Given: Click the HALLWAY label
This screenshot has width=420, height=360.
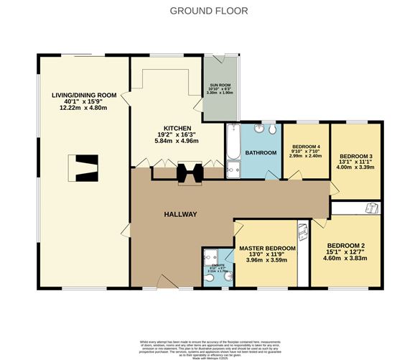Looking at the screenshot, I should click(180, 214).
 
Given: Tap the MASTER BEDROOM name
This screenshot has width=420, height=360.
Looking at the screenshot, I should click(266, 246).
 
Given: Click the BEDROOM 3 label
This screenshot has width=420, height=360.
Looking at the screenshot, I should click(355, 156).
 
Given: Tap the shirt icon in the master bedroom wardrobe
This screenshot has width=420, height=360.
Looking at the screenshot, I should click(302, 232).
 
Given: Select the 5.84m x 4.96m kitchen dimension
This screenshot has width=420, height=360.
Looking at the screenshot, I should click(175, 140).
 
